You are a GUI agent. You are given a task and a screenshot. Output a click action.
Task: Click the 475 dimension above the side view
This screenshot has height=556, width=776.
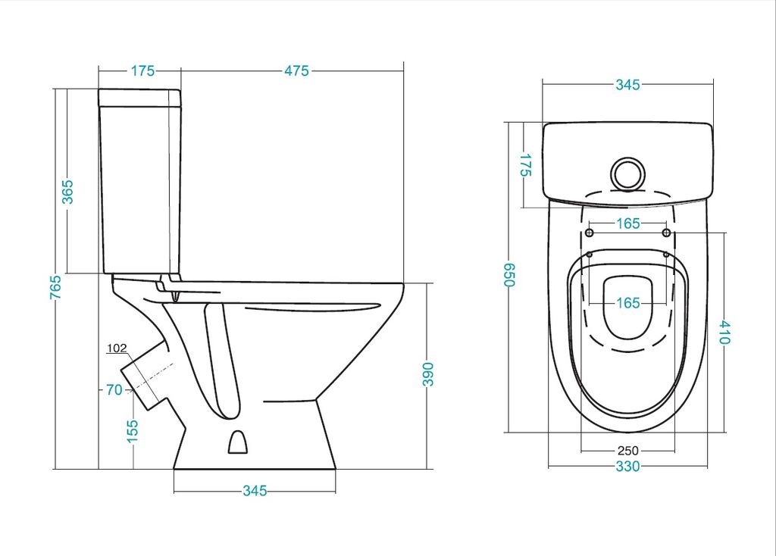coord(296,70)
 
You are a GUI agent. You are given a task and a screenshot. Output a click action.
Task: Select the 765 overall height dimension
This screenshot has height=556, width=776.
coord(56,287)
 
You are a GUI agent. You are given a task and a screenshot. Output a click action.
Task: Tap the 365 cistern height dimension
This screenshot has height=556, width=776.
coord(67,192)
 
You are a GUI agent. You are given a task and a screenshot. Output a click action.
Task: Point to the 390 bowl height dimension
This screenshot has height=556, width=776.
coord(428,374)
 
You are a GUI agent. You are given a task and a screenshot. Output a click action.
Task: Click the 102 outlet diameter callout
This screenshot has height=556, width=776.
coord(117,348)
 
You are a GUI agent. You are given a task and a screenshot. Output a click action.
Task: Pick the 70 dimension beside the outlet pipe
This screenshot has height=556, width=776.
coord(114,390)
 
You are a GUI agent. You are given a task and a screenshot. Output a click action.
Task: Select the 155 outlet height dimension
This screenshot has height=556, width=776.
coord(132,431)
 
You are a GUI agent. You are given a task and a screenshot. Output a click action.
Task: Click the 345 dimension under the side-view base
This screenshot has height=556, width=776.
coord(255,491)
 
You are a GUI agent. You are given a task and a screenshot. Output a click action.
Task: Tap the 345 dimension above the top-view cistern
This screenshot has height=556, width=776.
coord(627,85)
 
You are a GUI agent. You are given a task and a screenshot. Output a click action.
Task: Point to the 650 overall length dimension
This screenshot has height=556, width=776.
coord(509,274)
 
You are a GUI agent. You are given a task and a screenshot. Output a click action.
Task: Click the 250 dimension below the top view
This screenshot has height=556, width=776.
coord(627,451)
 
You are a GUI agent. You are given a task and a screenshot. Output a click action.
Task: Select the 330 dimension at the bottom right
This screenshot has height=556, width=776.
coord(627,467)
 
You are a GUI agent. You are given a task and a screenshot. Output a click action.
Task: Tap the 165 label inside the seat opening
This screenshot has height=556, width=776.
coord(628,303)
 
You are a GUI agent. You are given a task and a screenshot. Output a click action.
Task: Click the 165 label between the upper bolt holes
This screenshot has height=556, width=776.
coord(628,223)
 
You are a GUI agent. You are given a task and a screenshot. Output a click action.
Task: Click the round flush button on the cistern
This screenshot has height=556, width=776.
coord(628,174)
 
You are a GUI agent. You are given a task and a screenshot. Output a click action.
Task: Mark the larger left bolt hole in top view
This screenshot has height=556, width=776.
coord(590,233)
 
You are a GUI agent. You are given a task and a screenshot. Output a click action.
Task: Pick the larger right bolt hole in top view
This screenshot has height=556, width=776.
coord(667,233)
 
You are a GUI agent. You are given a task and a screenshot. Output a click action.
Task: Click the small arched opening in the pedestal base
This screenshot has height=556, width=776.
coord(237,442)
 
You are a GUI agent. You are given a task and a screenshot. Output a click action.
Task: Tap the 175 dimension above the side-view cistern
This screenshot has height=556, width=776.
coord(142,70)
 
